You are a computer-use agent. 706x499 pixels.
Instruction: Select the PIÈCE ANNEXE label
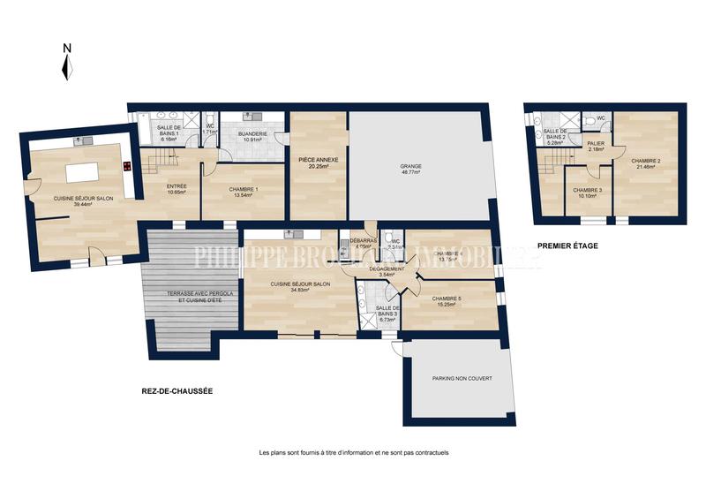(319, 159)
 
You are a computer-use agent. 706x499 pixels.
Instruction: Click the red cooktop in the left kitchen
(128, 166)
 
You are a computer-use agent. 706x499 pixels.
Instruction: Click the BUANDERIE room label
(252, 133)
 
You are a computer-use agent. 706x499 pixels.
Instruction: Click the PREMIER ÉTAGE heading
(567, 246)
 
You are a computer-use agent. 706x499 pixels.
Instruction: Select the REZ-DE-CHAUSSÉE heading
(177, 391)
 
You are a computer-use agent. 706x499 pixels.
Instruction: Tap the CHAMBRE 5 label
(448, 299)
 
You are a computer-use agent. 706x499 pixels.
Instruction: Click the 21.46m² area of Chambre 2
(646, 166)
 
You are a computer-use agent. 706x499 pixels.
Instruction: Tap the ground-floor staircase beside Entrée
(159, 162)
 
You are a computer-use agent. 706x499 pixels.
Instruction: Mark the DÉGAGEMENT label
(385, 268)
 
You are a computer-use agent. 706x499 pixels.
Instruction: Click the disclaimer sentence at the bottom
(354, 453)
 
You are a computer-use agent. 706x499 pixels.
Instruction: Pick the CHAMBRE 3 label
(588, 190)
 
